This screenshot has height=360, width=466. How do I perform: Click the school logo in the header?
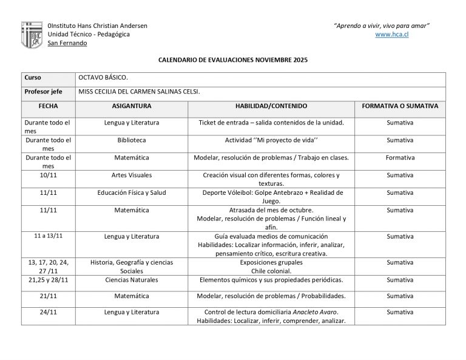[x=32, y=35]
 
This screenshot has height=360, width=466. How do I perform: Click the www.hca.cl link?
[x=391, y=35]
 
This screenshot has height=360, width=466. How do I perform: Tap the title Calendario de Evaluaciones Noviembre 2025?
[x=233, y=60]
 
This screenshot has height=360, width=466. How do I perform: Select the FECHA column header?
[x=48, y=106]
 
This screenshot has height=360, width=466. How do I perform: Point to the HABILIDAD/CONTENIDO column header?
[x=271, y=106]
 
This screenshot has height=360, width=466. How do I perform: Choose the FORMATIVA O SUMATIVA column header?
[x=400, y=106]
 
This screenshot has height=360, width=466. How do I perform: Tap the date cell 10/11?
[x=48, y=175]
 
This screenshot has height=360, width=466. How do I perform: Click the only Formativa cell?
[x=400, y=157]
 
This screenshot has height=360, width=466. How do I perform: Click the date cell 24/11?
[x=48, y=312]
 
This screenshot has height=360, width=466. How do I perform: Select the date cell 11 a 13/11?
[x=48, y=236]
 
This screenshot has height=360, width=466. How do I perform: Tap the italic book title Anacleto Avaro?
[x=315, y=312]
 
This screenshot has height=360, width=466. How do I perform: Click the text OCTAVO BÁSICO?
[x=103, y=78]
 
